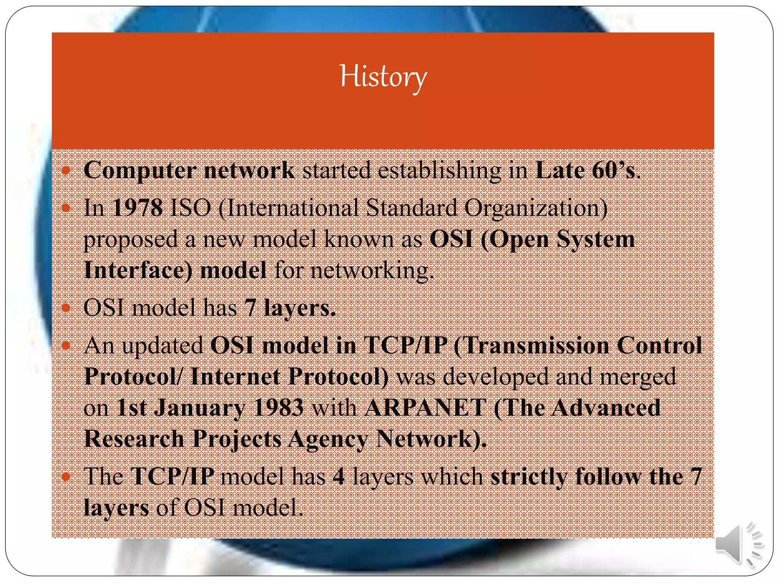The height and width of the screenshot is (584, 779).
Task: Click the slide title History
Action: [383, 76]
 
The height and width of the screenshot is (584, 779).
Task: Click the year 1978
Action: [138, 208]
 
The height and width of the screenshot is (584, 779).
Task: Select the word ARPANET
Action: [425, 408]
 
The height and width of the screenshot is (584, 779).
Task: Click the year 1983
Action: [278, 408]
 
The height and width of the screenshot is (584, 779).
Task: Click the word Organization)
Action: [536, 209]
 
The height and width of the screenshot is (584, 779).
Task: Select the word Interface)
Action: [138, 270]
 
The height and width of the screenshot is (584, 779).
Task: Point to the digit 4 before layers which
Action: [339, 476]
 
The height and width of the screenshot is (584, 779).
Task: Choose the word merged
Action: [638, 377]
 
